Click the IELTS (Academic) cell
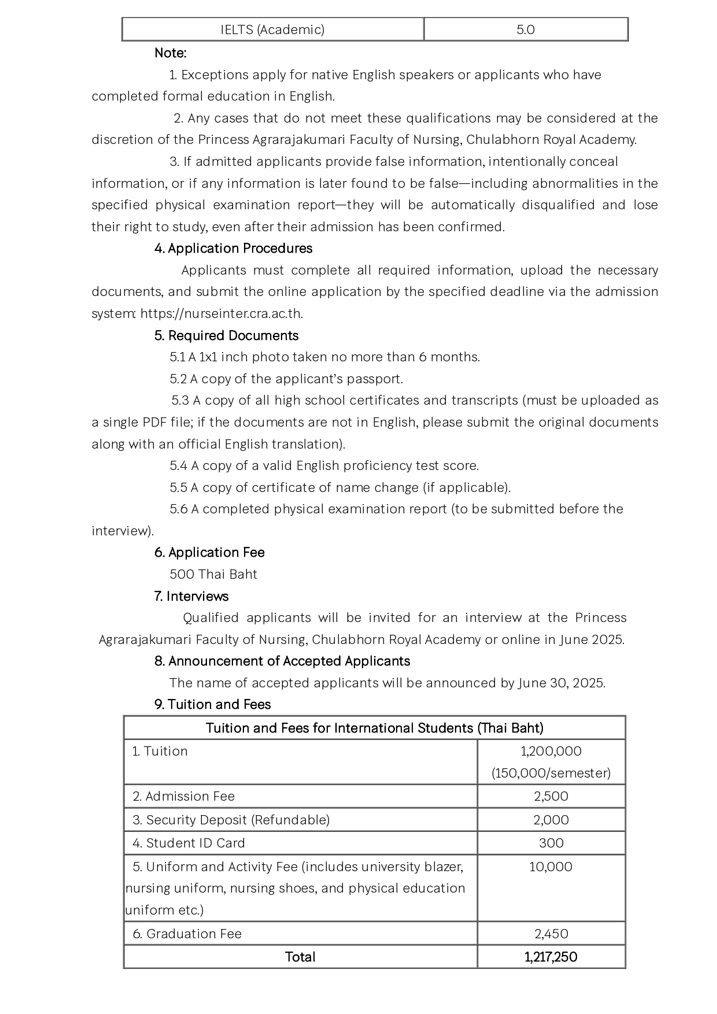272,29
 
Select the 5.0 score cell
526,29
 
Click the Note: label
170,53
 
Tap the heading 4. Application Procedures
233,249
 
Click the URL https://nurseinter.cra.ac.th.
221,314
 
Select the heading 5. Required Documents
226,336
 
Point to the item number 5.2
178,379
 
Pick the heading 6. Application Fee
209,553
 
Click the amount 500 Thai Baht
213,575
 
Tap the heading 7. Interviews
191,597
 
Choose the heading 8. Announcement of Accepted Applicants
282,661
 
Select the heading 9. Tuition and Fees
212,705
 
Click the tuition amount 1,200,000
551,752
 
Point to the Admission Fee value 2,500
551,797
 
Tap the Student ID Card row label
189,843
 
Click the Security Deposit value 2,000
551,820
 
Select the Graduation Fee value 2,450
551,934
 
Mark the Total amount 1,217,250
551,957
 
